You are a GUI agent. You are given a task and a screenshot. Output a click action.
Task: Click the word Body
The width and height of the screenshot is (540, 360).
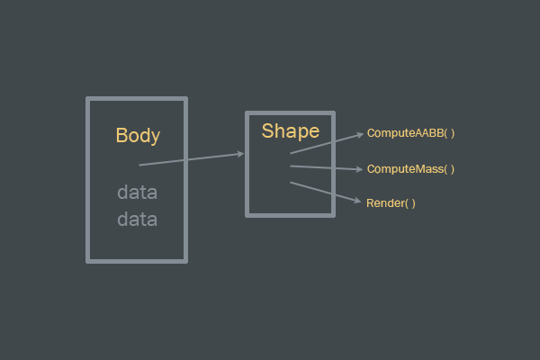(138, 136)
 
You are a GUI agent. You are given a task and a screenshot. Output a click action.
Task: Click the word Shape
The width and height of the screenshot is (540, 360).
(290, 131)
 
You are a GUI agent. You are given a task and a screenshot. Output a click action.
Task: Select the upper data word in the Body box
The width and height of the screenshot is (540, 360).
(137, 193)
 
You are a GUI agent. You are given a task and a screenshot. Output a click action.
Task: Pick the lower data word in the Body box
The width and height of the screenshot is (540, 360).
(137, 219)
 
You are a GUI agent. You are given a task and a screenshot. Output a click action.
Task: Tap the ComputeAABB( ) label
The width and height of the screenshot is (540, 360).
(410, 133)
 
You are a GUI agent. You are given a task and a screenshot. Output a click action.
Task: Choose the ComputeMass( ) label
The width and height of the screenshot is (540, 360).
(410, 169)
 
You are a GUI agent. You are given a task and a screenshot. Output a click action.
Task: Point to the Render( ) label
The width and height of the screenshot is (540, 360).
(391, 203)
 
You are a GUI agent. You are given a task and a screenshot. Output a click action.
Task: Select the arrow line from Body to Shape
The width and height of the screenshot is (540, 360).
(189, 159)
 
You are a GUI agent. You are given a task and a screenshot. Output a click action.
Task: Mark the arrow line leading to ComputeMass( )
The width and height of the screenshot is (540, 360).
(324, 167)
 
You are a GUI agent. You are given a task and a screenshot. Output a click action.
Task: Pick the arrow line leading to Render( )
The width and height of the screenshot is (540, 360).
(324, 193)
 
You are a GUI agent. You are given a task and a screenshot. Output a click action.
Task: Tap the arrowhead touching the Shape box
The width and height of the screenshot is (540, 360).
(240, 154)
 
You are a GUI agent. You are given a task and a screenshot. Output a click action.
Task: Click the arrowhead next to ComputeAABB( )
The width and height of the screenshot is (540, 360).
(361, 133)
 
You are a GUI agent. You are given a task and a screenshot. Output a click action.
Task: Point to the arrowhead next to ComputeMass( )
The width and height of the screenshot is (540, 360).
(360, 169)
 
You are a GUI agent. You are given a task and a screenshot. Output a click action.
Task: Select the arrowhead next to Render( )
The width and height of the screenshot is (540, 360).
(359, 202)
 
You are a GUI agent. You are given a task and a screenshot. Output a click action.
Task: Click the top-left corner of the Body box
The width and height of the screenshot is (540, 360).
(88, 99)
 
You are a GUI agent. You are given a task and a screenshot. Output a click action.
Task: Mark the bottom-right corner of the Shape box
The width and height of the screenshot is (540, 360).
(333, 214)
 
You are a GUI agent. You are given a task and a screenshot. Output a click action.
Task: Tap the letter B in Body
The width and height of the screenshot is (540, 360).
(121, 136)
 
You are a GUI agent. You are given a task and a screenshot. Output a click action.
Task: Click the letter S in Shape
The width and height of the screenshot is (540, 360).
(267, 131)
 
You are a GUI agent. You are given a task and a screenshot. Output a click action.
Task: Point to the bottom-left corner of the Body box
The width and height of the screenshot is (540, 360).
(88, 261)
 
